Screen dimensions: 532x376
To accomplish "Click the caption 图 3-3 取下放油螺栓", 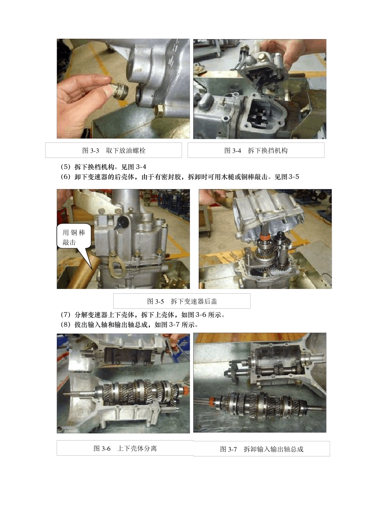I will [x=114, y=150].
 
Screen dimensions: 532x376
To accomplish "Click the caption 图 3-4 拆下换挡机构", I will [x=256, y=150].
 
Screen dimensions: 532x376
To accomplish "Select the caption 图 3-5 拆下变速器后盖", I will [x=182, y=301].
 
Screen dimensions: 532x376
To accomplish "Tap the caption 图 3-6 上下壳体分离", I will [x=125, y=448].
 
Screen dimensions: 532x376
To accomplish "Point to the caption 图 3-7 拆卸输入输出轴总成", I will [x=262, y=449].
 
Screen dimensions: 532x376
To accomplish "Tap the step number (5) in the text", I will [x=65, y=167].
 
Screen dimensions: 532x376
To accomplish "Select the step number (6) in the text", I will [x=65, y=177].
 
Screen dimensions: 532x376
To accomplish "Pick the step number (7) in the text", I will [x=65, y=315].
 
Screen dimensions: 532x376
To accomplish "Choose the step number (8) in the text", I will [x=65, y=325].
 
